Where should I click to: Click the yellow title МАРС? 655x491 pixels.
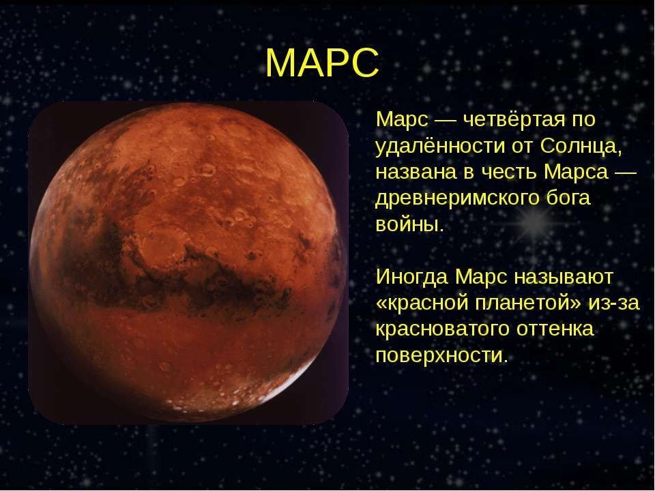(322, 63)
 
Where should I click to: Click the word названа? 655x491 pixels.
(416, 173)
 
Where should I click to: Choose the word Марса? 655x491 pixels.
(576, 172)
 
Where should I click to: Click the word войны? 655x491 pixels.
(409, 224)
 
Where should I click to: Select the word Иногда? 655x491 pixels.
(412, 278)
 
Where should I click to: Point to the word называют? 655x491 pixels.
(563, 278)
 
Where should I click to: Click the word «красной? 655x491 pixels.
(422, 303)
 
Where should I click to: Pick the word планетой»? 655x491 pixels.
(528, 303)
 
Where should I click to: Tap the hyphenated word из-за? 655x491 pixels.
(614, 303)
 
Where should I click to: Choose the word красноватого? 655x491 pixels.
(442, 329)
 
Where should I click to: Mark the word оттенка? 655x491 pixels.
(555, 329)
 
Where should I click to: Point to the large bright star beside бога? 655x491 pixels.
(534, 221)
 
